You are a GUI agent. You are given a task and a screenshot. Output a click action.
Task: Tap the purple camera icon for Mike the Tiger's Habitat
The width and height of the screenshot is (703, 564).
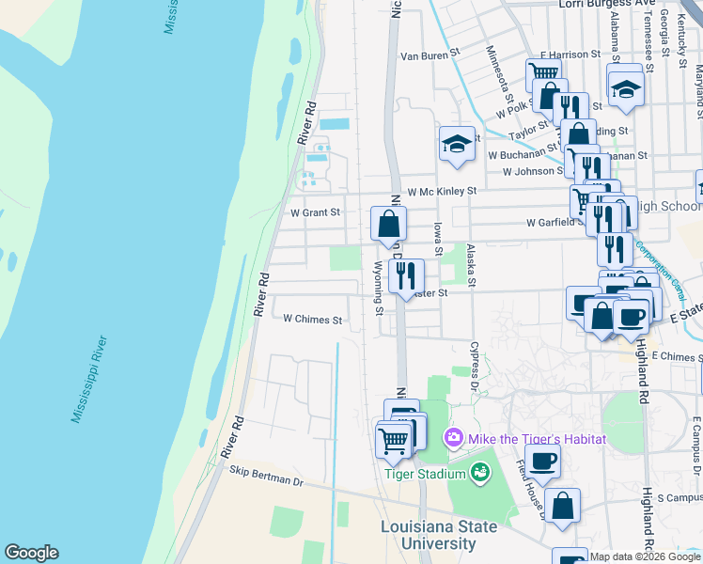coord(454,437)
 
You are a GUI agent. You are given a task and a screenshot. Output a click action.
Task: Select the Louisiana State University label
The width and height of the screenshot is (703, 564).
coord(440,535)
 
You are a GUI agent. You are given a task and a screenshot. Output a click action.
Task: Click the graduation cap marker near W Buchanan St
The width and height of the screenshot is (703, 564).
coord(457,145)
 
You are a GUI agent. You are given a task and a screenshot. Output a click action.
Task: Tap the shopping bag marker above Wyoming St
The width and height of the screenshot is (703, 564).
coord(388,226)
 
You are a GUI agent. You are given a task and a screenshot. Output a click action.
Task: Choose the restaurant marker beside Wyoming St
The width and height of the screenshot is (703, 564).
coord(406,275)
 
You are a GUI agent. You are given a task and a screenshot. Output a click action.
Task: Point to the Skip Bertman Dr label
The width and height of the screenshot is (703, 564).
coord(267,480)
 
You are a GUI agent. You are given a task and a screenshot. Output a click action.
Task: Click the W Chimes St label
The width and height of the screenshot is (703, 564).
coord(313,320)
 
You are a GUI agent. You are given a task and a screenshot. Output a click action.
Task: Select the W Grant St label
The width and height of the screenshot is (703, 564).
coord(315,212)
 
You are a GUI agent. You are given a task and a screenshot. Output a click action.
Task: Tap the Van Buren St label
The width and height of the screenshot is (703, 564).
coord(429,55)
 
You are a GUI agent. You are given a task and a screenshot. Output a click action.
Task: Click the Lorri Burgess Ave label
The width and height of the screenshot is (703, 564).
coord(606,4)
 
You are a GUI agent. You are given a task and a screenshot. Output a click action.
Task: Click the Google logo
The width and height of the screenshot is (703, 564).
coord(31,552)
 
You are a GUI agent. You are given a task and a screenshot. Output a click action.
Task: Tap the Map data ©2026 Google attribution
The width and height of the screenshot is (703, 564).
coord(646,556)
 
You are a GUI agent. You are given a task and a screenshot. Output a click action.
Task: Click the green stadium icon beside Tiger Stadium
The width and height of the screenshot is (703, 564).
coord(480,473)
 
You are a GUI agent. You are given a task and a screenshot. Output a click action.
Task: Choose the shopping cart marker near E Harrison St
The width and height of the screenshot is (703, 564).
coord(542,73)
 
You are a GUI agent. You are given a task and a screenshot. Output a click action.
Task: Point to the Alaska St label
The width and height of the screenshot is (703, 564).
coord(472,267)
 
